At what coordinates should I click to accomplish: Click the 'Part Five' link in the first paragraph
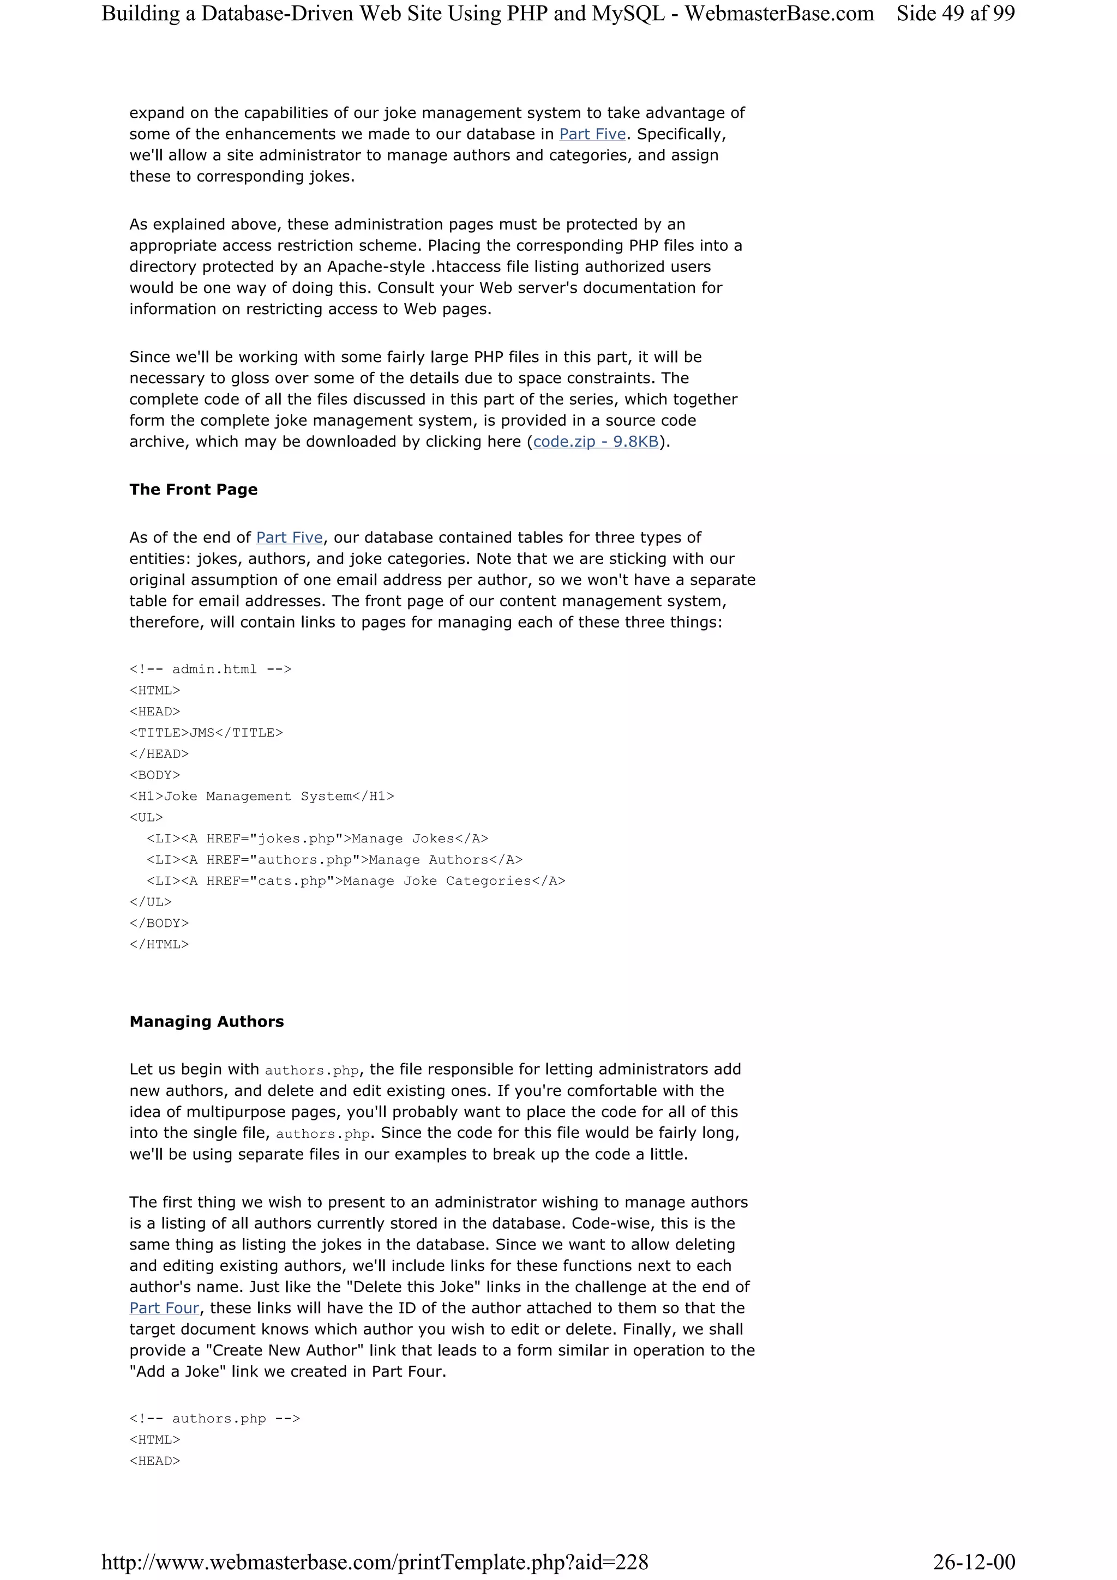pyautogui.click(x=592, y=134)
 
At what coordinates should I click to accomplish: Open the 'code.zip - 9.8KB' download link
pyautogui.click(x=596, y=442)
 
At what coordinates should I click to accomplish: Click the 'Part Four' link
pyautogui.click(x=164, y=1308)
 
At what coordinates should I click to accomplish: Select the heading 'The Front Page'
pyautogui.click(x=194, y=490)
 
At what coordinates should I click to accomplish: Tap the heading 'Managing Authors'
pyautogui.click(x=207, y=1021)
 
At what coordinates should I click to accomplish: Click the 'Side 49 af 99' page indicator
pyautogui.click(x=955, y=14)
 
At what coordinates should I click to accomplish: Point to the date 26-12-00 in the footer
pyautogui.click(x=974, y=1561)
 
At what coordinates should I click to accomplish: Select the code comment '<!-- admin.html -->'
pyautogui.click(x=211, y=670)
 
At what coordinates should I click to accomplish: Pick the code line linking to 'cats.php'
pyautogui.click(x=356, y=881)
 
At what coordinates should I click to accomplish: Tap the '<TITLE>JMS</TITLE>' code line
pyautogui.click(x=206, y=733)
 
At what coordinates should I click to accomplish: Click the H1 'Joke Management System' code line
pyautogui.click(x=262, y=796)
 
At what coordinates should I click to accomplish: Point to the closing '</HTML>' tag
pyautogui.click(x=159, y=944)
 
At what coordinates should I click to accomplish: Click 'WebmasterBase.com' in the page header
pyautogui.click(x=779, y=14)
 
